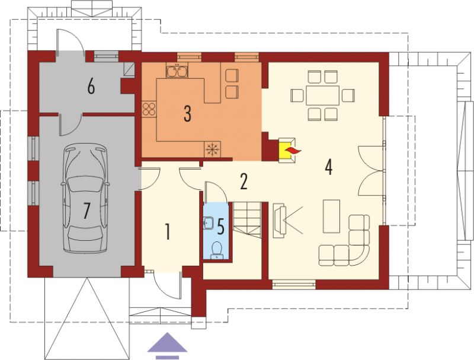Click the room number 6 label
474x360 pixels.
coord(91,87)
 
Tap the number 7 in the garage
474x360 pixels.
coord(87,211)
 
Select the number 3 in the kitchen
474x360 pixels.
coord(187,114)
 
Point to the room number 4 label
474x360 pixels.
coord(329,167)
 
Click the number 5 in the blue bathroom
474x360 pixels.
coord(221,227)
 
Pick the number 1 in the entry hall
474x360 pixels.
coord(167,231)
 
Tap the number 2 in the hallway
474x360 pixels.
coord(244,181)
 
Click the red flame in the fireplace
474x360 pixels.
coord(293,151)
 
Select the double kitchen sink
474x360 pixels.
coord(177,71)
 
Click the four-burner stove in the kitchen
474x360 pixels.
coord(149,109)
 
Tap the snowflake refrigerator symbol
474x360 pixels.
coord(213,149)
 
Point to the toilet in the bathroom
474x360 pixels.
coord(217,250)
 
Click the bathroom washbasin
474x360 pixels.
coord(208,224)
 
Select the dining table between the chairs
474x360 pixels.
coord(322,95)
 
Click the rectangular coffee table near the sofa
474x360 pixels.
coord(331,216)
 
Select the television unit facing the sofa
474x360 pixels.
coord(280,221)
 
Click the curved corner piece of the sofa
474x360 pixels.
coord(360,256)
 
